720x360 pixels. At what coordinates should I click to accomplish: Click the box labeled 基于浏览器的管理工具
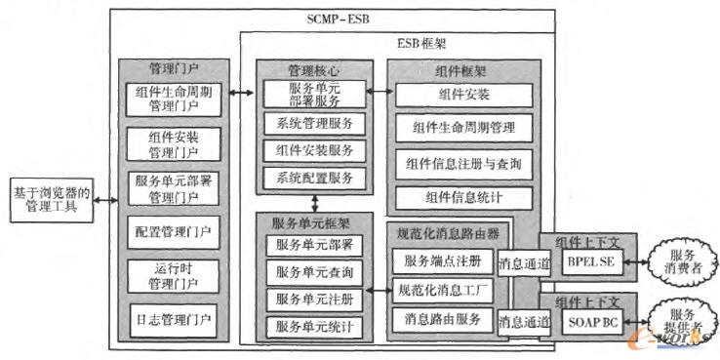pyautogui.click(x=48, y=198)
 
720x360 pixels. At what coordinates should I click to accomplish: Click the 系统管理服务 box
pyautogui.click(x=314, y=124)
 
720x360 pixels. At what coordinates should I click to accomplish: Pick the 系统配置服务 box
pyautogui.click(x=314, y=178)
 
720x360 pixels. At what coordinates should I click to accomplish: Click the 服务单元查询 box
pyautogui.click(x=314, y=270)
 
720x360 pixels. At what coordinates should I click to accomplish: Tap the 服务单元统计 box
pyautogui.click(x=314, y=324)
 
